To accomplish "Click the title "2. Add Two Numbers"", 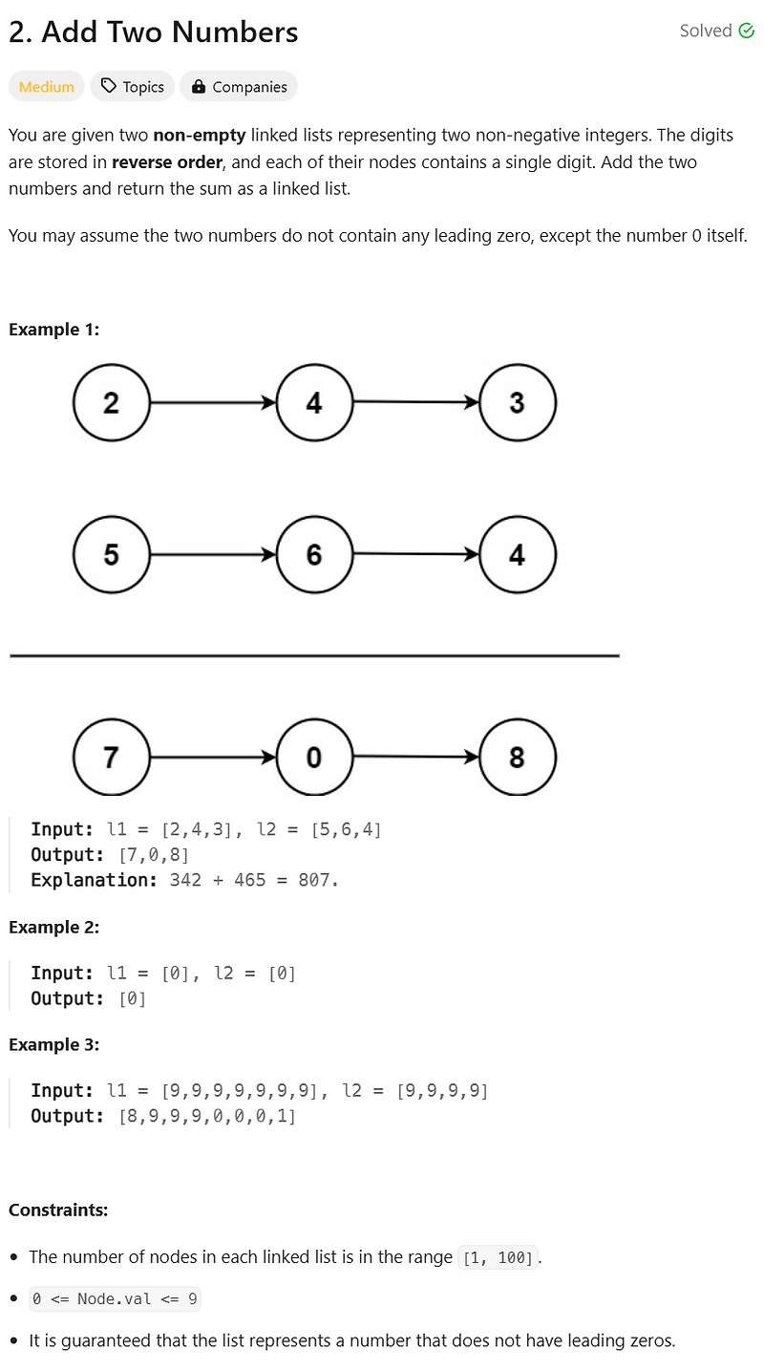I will tap(154, 32).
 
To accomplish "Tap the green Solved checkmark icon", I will tap(747, 31).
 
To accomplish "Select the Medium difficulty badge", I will tap(47, 87).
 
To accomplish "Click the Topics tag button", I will tap(133, 87).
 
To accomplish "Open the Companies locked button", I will tap(239, 87).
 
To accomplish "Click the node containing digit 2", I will tap(112, 403).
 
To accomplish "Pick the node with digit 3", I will tap(517, 403).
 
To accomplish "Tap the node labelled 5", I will tap(112, 555).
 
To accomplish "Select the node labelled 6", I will tap(314, 555).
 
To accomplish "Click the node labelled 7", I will tap(112, 758).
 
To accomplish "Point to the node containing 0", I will tap(314, 758).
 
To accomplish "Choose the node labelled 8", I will tap(517, 758).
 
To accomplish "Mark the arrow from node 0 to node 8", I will tap(415, 758).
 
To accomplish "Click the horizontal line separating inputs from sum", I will tap(314, 655).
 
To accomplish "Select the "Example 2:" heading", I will tap(54, 927).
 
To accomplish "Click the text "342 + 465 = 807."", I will tap(254, 880).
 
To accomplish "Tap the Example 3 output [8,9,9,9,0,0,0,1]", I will tap(207, 1116).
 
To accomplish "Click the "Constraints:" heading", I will tap(58, 1210).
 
